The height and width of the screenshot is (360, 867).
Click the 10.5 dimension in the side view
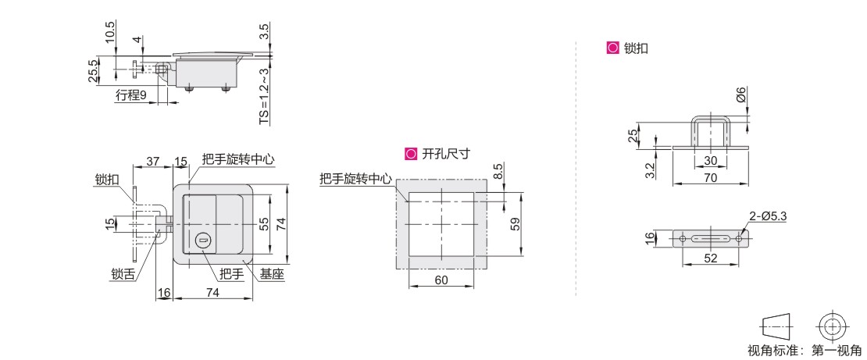[110, 30]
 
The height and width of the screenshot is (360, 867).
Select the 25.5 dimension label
[94, 70]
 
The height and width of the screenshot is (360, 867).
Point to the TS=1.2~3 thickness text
[264, 95]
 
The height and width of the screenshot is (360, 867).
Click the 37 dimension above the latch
[152, 161]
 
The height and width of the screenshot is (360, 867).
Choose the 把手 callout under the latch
[230, 273]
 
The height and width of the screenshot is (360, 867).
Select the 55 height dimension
[265, 223]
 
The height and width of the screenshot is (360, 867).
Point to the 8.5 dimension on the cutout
[498, 171]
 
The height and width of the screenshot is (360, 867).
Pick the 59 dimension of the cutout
[515, 223]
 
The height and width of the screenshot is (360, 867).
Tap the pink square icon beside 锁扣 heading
[612, 48]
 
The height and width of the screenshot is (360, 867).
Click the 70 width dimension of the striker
[710, 178]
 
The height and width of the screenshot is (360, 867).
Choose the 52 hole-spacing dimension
[709, 258]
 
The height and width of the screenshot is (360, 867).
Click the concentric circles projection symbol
[833, 326]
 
